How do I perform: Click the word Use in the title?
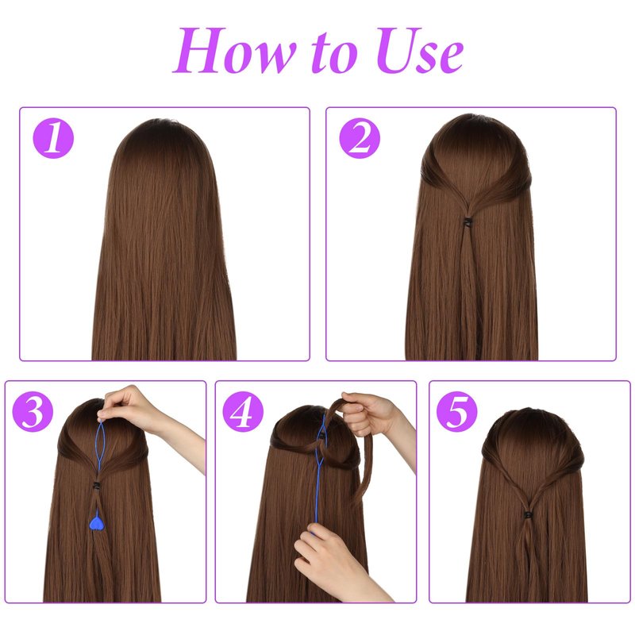pyautogui.click(x=420, y=51)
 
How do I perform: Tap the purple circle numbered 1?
pyautogui.click(x=53, y=138)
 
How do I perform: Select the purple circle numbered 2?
pyautogui.click(x=360, y=138)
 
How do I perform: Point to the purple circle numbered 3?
pyautogui.click(x=33, y=411)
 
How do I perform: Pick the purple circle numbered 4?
pyautogui.click(x=243, y=411)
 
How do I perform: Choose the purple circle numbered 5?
pyautogui.click(x=457, y=411)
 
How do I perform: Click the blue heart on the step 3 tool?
pyautogui.click(x=97, y=523)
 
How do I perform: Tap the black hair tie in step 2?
pyautogui.click(x=468, y=222)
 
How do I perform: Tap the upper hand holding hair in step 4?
pyautogui.click(x=367, y=413)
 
